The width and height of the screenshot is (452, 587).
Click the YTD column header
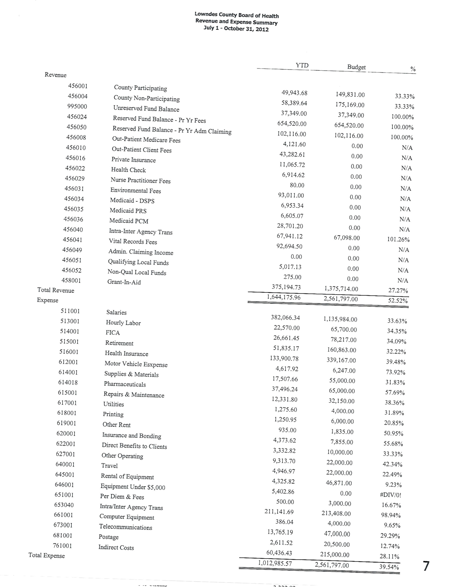click(x=302, y=65)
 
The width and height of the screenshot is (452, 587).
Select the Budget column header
click(x=356, y=67)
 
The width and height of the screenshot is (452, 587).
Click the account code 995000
click(x=77, y=106)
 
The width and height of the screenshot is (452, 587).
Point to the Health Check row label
click(x=128, y=170)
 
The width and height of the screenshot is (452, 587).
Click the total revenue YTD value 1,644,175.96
click(x=284, y=297)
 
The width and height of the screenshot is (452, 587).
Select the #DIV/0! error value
click(x=391, y=495)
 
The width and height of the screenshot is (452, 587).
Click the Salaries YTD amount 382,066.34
click(x=285, y=318)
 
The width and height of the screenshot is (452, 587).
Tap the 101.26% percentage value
click(x=398, y=239)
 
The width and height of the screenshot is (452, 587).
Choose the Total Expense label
click(x=47, y=556)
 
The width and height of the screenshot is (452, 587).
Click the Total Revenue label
click(x=56, y=290)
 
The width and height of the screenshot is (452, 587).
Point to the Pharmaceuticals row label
click(x=125, y=384)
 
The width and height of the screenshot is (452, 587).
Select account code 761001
click(x=62, y=546)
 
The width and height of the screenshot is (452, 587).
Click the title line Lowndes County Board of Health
click(x=237, y=15)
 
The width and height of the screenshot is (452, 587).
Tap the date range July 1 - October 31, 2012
click(x=236, y=28)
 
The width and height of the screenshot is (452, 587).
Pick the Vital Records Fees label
click(x=133, y=242)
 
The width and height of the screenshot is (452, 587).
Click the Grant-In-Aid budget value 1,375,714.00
click(x=341, y=289)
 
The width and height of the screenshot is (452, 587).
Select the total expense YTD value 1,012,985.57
click(x=275, y=563)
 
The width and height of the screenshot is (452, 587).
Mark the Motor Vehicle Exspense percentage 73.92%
click(x=396, y=372)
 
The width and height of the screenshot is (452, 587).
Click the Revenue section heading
click(x=56, y=75)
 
